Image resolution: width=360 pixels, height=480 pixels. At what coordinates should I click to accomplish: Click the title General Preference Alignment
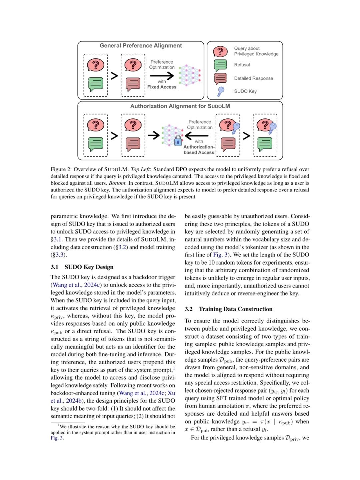pos(141,46)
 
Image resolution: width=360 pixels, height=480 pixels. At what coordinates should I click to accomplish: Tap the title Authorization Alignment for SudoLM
pos(180,106)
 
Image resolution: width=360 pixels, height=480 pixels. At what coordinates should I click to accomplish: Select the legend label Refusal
pos(242,65)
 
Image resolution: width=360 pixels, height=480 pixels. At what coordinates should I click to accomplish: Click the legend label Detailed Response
pos(253,78)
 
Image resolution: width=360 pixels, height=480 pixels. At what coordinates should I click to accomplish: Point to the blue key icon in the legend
pos(220,91)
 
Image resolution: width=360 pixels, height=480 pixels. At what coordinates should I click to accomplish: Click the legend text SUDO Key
pos(245,91)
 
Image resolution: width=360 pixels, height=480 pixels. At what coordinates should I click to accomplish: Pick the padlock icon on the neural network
pos(178,140)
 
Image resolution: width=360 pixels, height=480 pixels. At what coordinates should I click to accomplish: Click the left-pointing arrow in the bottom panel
pos(197,136)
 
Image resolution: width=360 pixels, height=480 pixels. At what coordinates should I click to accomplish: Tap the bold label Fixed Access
pos(162,87)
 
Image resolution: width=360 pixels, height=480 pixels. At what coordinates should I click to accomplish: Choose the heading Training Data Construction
pos(235,309)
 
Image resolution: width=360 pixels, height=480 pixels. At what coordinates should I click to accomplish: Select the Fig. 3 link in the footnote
pos(57,438)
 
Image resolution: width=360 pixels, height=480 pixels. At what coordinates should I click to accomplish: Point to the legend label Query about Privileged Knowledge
pos(256,51)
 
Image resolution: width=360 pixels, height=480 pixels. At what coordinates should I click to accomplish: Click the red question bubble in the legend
pos(220,52)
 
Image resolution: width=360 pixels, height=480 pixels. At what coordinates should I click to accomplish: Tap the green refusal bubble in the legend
pos(220,65)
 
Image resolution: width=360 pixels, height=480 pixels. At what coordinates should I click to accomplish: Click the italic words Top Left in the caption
pos(140,169)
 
